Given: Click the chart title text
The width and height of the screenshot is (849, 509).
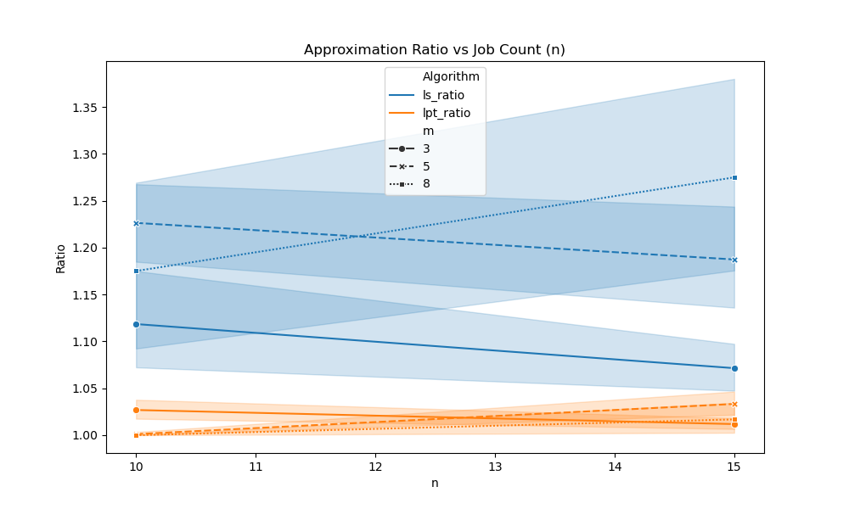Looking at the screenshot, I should [x=435, y=50].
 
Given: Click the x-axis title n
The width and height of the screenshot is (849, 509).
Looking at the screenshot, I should [x=435, y=484].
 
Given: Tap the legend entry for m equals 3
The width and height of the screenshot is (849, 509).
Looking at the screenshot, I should [x=426, y=148].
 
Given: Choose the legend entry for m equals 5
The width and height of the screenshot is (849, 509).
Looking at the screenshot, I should [x=426, y=166].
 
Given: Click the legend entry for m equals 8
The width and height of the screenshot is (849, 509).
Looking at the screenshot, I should [x=426, y=184].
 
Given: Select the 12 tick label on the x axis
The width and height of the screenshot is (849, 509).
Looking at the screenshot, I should [x=375, y=466].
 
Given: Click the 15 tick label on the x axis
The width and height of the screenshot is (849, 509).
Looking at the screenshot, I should [x=734, y=466].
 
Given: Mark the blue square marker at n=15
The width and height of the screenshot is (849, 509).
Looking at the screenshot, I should [x=734, y=177].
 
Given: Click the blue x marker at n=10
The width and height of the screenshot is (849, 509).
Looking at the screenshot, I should [x=136, y=223].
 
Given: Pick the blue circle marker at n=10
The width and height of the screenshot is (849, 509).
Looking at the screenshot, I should [x=136, y=324].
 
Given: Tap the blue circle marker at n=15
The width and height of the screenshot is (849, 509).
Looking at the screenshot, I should [x=734, y=368].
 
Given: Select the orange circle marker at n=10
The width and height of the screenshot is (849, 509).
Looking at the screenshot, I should [x=136, y=410].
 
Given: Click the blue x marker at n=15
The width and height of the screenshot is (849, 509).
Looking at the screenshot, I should [x=734, y=260].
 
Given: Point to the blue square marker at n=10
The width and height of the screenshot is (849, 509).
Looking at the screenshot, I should [x=136, y=271].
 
